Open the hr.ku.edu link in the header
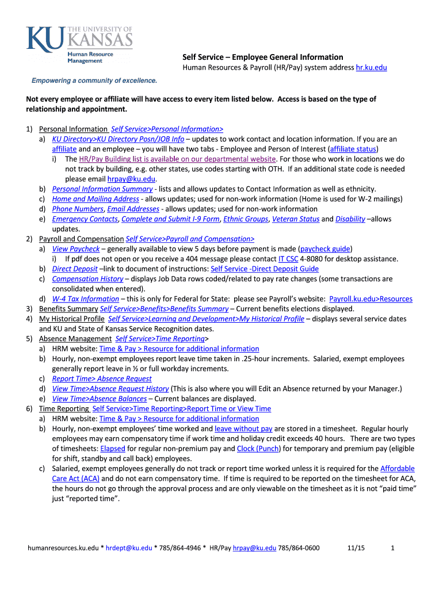(372, 68)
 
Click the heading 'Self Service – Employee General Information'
(263, 57)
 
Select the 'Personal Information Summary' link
(102, 189)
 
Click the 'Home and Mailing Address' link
(96, 199)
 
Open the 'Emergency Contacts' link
(85, 219)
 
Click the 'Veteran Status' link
(296, 219)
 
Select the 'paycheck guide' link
(326, 249)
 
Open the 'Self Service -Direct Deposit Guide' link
(265, 269)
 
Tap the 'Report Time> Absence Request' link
(102, 378)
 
